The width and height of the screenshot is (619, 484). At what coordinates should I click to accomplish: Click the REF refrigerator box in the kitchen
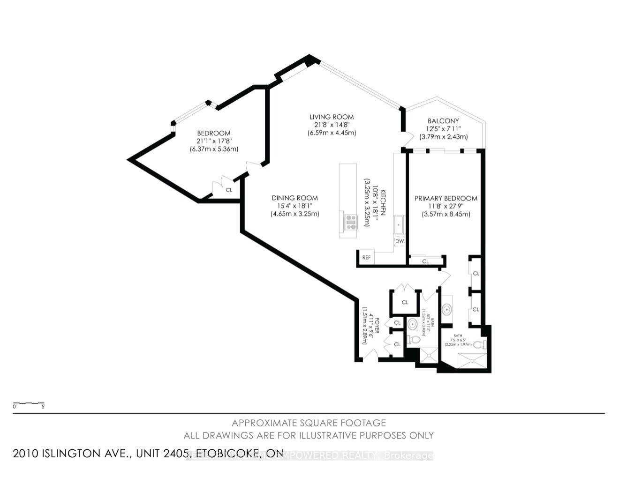pos(366,257)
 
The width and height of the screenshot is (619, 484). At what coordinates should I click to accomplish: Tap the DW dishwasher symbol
pos(400,241)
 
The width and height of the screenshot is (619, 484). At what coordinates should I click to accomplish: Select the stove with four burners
pos(351,221)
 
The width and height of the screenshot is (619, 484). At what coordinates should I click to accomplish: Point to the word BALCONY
pos(443,121)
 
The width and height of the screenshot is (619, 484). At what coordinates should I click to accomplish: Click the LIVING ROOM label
pos(332,117)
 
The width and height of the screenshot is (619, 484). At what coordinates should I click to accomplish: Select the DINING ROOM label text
pos(294,198)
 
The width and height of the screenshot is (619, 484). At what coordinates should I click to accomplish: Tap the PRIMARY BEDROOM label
pos(445,198)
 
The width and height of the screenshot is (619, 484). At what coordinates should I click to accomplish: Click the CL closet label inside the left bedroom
pos(229,190)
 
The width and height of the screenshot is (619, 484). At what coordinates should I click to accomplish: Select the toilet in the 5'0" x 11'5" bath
pos(413,339)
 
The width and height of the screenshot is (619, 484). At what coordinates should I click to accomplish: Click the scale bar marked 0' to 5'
pos(29,403)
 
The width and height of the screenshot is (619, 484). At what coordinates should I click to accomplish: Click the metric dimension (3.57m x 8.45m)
pos(445,214)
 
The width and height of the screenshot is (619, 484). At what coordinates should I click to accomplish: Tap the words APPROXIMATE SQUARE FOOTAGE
pos(309,423)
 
